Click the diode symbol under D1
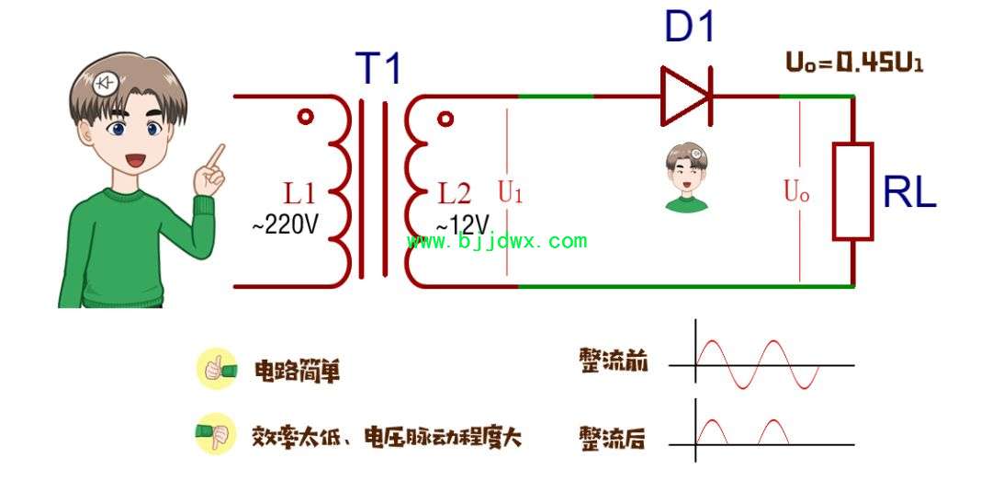(x=686, y=96)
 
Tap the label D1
(x=690, y=27)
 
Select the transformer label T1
(x=378, y=67)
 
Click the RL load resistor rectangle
(x=852, y=191)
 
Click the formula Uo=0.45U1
(x=854, y=63)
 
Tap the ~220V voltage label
(x=285, y=223)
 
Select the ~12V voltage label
(x=462, y=224)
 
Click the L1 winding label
(x=299, y=193)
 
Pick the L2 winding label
(x=455, y=193)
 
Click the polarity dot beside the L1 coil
(x=306, y=117)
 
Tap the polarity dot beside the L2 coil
(x=445, y=119)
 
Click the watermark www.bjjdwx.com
(x=497, y=242)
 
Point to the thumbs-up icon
(x=217, y=368)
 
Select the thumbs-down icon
(x=215, y=434)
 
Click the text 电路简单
(x=297, y=372)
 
